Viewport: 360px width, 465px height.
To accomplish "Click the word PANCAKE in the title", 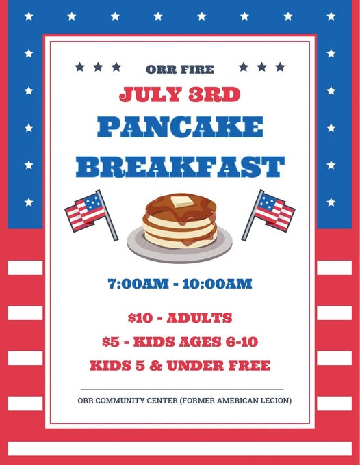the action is [x=180, y=127].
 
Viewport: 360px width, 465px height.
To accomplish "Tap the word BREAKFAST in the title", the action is [x=180, y=167].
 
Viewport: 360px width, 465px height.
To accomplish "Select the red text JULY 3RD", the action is [x=180, y=94].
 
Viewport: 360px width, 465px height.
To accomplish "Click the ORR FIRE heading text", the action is [x=180, y=70].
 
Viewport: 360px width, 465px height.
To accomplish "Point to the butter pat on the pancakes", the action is [x=182, y=202].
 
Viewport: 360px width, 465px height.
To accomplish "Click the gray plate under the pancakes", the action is [x=180, y=248].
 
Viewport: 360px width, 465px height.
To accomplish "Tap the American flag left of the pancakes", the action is [x=91, y=215].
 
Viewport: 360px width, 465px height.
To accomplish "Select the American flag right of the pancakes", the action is [x=268, y=215].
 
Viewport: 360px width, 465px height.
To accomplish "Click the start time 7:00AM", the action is [x=138, y=284].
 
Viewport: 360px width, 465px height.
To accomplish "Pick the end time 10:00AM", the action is [x=217, y=284].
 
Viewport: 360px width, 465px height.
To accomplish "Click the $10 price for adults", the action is [x=140, y=318].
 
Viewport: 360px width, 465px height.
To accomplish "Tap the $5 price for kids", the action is [x=111, y=342].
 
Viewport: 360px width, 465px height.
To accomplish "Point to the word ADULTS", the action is [x=199, y=318].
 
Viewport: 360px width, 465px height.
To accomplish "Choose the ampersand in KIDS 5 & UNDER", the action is [x=156, y=366].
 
